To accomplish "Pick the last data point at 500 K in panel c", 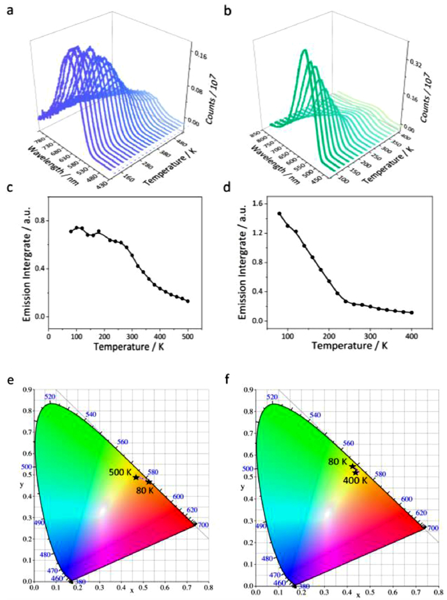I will (188, 301).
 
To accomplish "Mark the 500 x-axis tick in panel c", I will (188, 335).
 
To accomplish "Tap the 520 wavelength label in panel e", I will (50, 398).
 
